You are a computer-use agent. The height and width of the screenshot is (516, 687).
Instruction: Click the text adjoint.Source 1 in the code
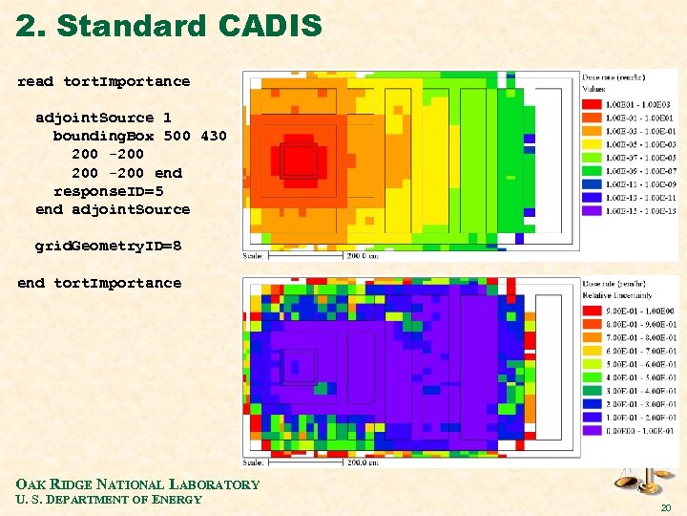click(103, 118)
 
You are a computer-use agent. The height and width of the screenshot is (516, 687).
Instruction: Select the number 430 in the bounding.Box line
click(214, 136)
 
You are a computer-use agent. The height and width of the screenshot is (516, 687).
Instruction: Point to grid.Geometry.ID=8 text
click(108, 246)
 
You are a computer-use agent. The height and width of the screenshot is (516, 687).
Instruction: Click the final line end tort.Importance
click(99, 283)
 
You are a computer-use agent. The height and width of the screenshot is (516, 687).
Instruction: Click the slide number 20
click(665, 506)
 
